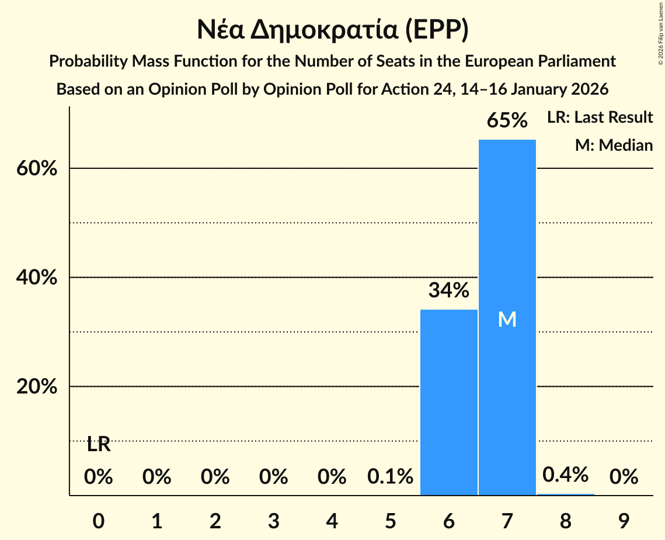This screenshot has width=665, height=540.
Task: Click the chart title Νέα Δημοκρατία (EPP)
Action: click(x=332, y=30)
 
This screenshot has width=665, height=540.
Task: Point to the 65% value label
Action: click(x=507, y=121)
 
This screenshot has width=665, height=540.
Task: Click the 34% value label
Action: click(x=448, y=290)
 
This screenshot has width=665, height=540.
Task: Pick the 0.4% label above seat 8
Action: click(x=565, y=475)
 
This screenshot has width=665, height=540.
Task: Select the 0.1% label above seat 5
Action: click(x=390, y=477)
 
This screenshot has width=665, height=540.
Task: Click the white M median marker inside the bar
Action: click(x=507, y=319)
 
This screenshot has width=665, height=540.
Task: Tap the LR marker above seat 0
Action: click(x=98, y=445)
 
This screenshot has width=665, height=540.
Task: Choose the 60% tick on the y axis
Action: click(x=36, y=168)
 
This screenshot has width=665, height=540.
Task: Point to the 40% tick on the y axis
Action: click(x=36, y=278)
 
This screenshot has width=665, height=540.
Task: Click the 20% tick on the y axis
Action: click(x=36, y=387)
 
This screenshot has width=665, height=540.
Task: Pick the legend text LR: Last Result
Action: click(x=600, y=117)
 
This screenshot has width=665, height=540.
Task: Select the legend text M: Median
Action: click(x=614, y=145)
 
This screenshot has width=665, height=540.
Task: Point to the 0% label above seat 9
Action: click(x=624, y=477)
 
